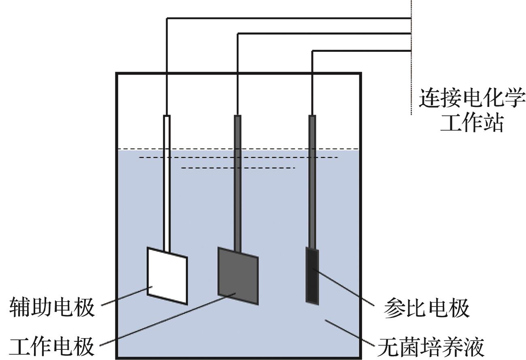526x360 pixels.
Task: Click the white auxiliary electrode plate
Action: (167, 275)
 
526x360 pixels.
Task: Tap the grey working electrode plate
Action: (238, 275)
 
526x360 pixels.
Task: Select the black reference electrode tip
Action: (312, 275)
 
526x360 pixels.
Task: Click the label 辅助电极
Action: (52, 307)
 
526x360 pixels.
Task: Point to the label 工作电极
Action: (52, 347)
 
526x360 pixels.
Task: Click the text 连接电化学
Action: (472, 98)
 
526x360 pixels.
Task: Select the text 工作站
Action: (472, 122)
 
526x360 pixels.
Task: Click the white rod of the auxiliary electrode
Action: (166, 182)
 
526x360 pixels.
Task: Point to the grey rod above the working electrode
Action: (238, 182)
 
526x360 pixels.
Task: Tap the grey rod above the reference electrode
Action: (312, 182)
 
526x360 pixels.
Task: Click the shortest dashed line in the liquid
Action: (238, 168)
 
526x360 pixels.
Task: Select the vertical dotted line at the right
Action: (411, 81)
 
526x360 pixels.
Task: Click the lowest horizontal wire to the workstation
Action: (360, 51)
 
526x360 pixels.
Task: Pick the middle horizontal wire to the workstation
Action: (324, 34)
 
